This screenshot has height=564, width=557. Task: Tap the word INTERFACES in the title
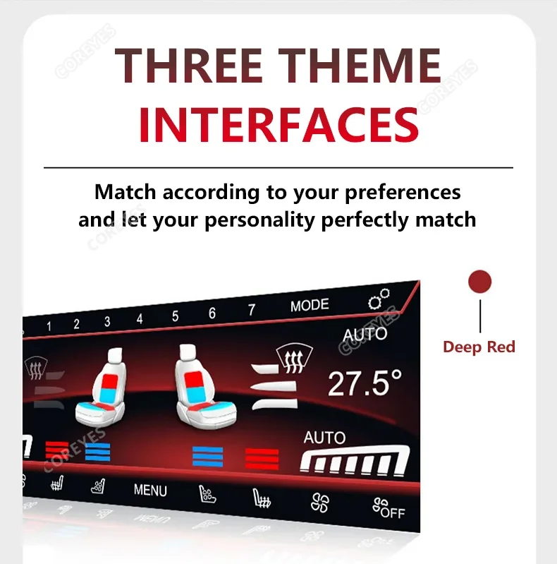point(279,125)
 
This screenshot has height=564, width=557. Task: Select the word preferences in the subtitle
point(403,193)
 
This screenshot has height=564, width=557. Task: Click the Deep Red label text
point(479,347)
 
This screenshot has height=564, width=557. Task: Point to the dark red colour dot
point(479,281)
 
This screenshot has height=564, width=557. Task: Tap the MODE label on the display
point(310,306)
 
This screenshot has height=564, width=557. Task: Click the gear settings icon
point(379,299)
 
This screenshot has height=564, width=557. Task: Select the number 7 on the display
point(252,310)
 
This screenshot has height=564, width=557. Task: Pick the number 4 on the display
point(140,318)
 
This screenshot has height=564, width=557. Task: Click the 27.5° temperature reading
point(365,383)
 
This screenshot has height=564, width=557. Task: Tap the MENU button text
point(150,491)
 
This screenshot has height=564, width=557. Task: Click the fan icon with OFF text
point(388,508)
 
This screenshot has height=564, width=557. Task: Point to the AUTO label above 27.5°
point(365,335)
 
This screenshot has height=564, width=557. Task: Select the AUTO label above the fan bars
point(324,438)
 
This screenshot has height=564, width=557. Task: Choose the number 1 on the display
point(49,326)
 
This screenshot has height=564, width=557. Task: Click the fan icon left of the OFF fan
point(320,503)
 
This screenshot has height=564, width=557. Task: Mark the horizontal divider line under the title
point(278,167)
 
